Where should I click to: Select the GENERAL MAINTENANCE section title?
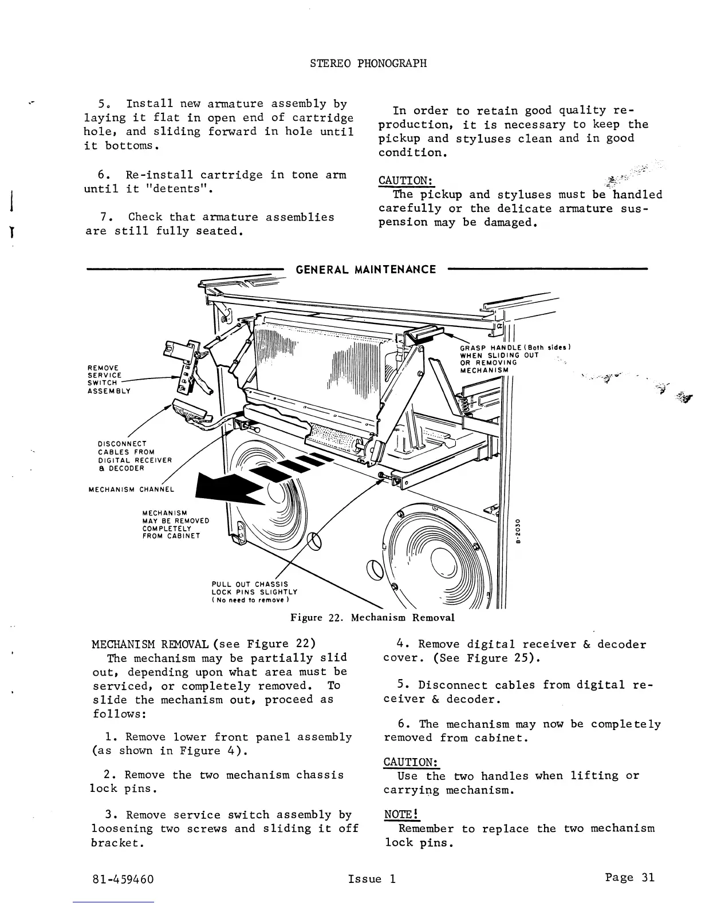[x=365, y=269]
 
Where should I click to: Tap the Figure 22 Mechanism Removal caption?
[x=372, y=618]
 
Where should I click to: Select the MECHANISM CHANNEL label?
[x=131, y=490]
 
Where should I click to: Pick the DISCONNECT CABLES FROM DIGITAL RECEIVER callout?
[x=134, y=456]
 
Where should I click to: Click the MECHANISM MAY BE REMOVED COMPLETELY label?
[x=175, y=524]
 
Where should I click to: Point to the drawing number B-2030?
[x=517, y=532]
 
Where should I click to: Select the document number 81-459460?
[x=123, y=879]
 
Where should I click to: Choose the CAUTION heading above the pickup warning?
[x=405, y=180]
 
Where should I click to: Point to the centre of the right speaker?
[x=441, y=561]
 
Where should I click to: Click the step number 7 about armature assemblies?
[x=105, y=217]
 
